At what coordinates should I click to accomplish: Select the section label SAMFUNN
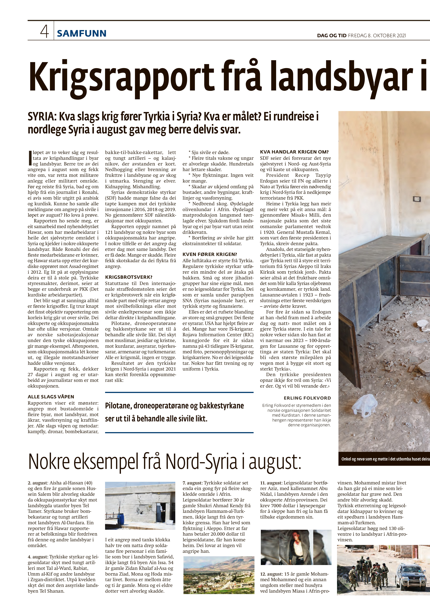[x=82, y=33]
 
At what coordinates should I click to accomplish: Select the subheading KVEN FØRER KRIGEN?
[x=210, y=254]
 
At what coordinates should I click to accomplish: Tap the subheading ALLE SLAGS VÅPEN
[x=51, y=397]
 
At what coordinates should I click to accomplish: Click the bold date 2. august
[x=37, y=483]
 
